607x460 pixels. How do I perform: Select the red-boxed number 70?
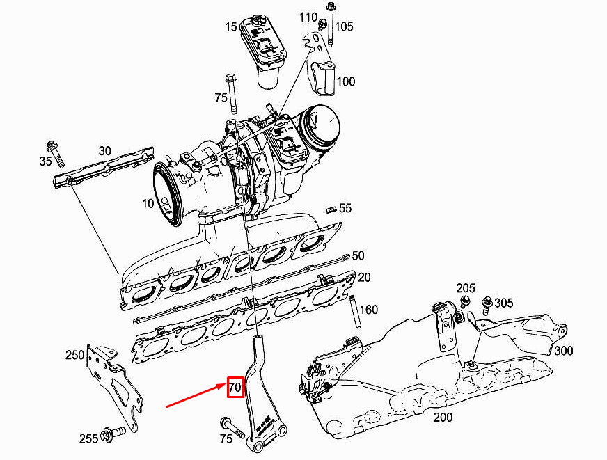click(x=235, y=387)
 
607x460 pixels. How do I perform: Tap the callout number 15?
click(x=230, y=27)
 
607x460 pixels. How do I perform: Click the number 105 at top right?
click(x=344, y=27)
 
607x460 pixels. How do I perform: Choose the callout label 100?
click(x=346, y=81)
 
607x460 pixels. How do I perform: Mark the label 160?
click(x=369, y=309)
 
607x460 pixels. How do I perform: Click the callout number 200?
click(x=443, y=418)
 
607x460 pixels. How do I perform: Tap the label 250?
click(x=74, y=355)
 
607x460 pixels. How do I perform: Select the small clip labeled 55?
click(x=331, y=208)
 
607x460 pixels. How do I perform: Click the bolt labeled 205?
click(x=464, y=301)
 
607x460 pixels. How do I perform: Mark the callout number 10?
click(x=148, y=203)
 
